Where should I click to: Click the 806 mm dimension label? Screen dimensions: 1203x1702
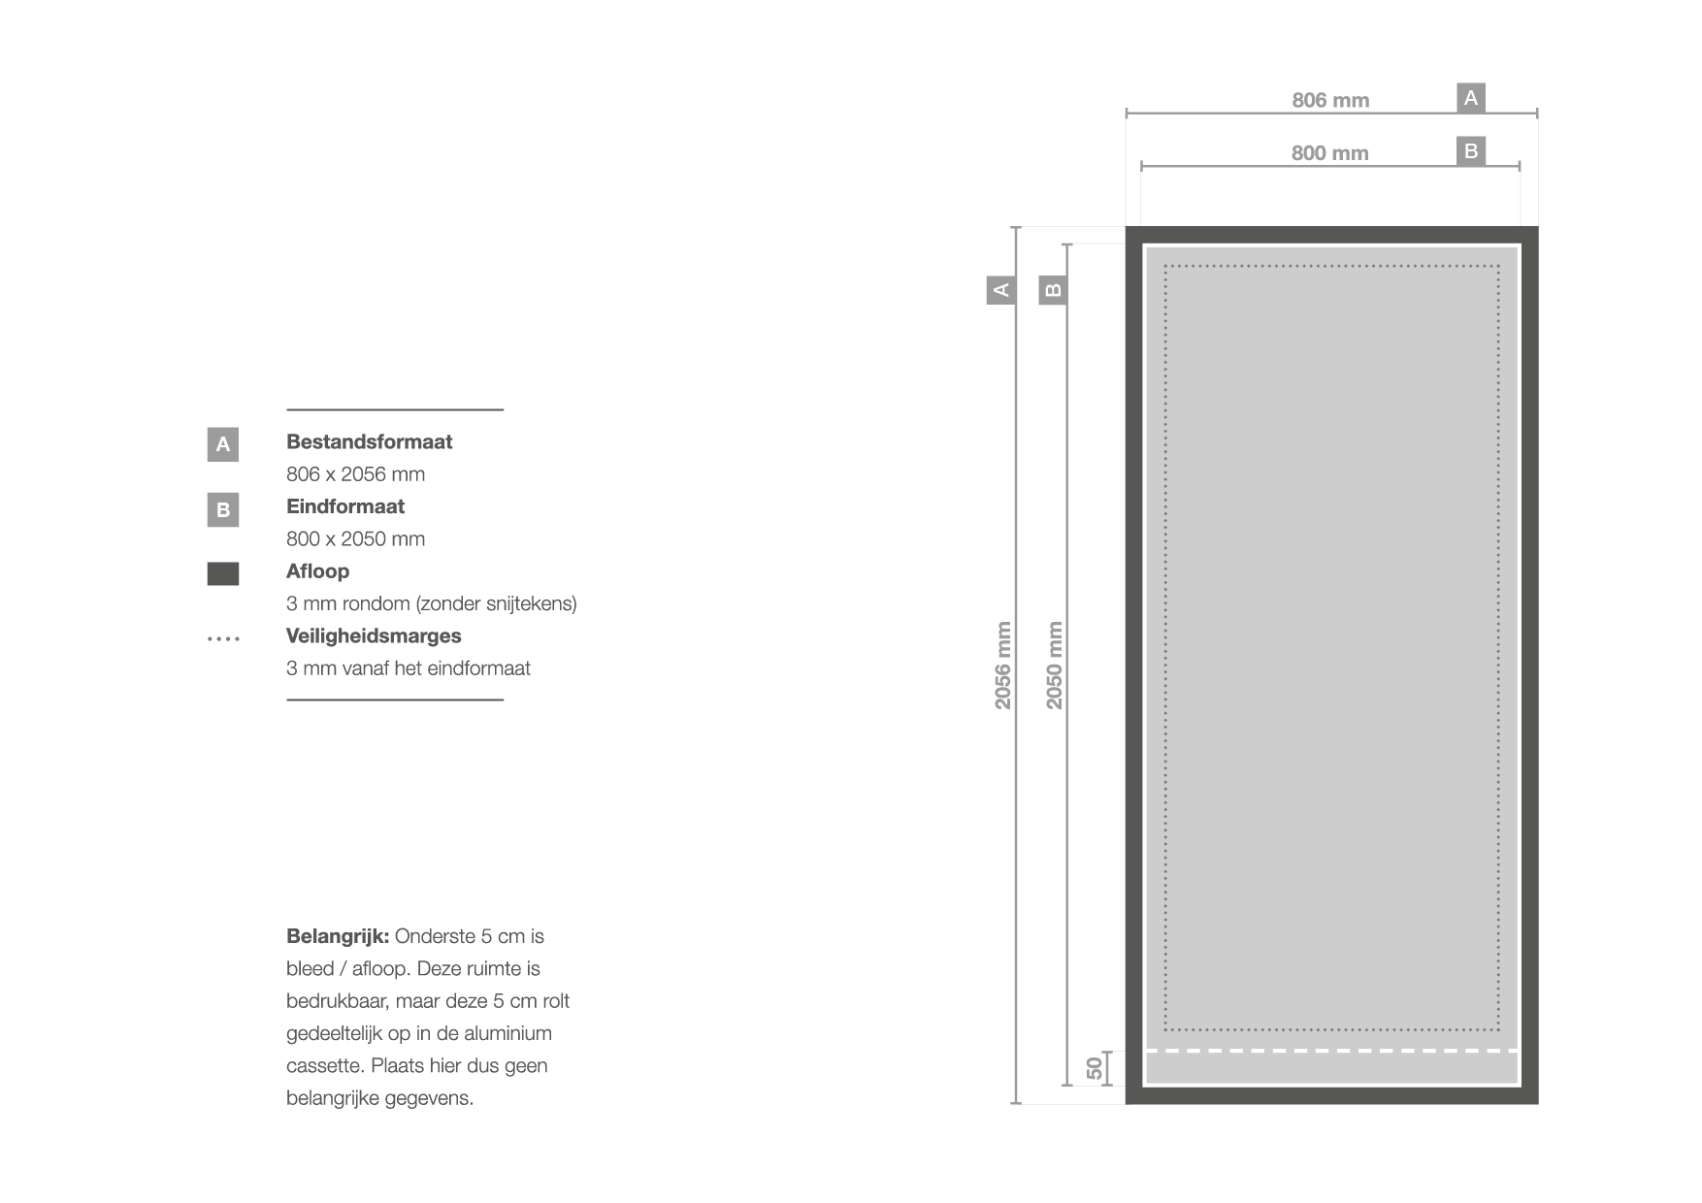click(x=1329, y=101)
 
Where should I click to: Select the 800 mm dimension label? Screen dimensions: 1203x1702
click(x=1329, y=153)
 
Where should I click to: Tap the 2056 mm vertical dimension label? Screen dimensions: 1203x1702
click(x=1003, y=666)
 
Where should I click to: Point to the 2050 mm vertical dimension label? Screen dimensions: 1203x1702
click(x=1055, y=666)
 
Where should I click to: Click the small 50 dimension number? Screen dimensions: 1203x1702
click(x=1095, y=1068)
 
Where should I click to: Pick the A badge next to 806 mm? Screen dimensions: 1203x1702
click(x=1471, y=98)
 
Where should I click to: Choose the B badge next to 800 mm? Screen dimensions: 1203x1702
click(x=1471, y=151)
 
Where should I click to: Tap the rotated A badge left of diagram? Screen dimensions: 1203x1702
click(x=1001, y=289)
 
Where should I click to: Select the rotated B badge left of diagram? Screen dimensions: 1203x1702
click(x=1053, y=289)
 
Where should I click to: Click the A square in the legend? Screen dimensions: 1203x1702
click(x=222, y=444)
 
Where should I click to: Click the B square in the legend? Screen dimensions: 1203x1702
click(x=222, y=509)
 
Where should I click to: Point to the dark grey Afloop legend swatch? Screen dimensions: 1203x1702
click(x=222, y=573)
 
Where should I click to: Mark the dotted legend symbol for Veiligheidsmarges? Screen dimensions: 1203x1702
click(x=223, y=638)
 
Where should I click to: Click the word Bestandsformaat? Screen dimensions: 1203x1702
click(x=369, y=442)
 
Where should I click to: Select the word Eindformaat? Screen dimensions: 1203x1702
click(x=344, y=506)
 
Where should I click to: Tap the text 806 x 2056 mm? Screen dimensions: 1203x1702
click(x=355, y=474)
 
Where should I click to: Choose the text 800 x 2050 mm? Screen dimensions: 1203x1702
click(x=355, y=539)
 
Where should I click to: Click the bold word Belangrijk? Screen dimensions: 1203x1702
click(x=337, y=937)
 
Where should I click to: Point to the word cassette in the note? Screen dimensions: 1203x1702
click(x=323, y=1066)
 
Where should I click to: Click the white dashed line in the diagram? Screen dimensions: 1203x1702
click(x=1331, y=1051)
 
